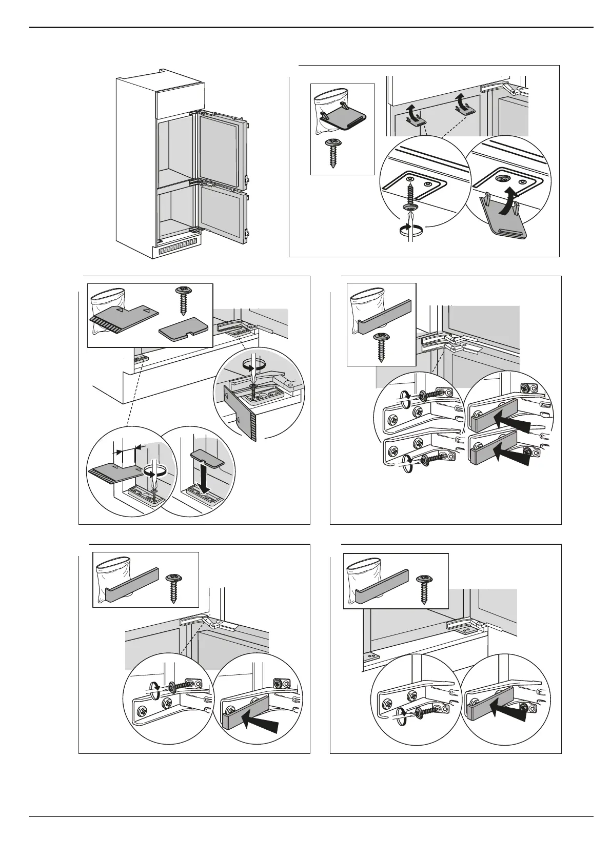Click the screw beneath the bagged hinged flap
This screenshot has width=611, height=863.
pyautogui.click(x=333, y=152)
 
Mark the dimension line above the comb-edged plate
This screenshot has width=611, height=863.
pyautogui.click(x=126, y=451)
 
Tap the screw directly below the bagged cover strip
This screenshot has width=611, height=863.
pyautogui.click(x=381, y=347)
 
